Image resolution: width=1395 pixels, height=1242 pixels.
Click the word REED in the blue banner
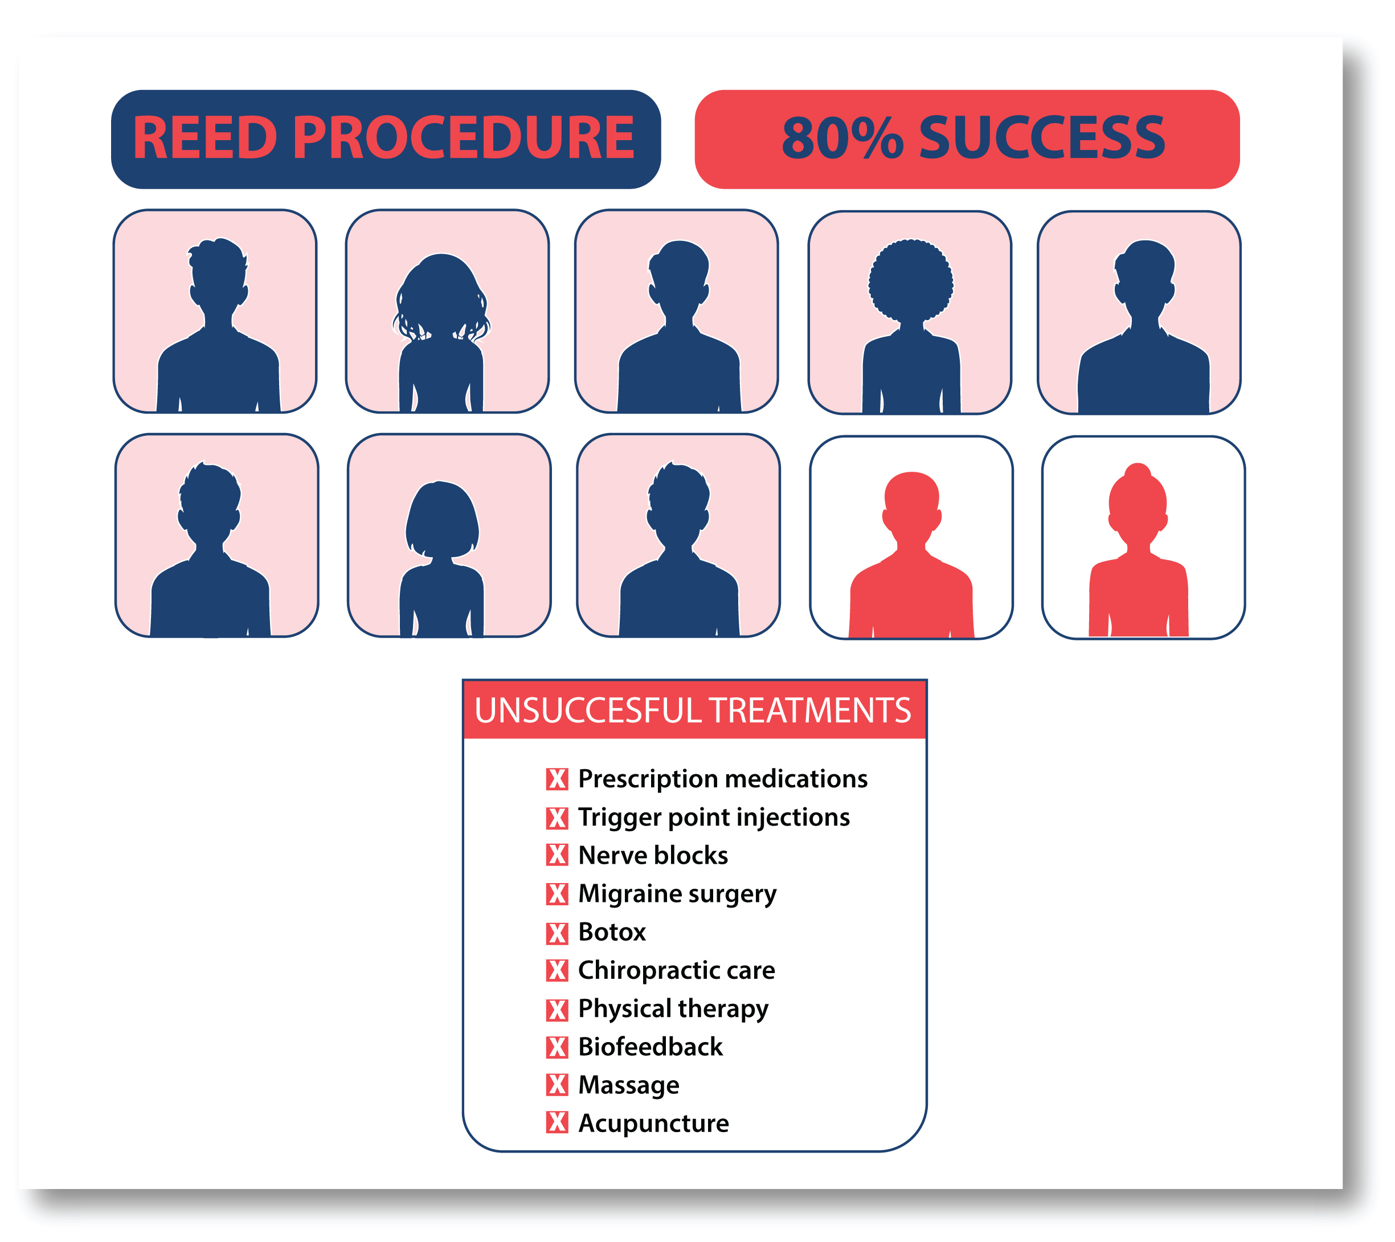coord(204,138)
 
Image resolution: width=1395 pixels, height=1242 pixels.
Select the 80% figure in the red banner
coord(842,138)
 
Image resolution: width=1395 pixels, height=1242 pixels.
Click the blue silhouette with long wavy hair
coord(441,321)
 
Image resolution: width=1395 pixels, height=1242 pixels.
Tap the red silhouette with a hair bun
coord(1138,546)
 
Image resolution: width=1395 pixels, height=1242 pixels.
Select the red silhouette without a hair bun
coord(911,546)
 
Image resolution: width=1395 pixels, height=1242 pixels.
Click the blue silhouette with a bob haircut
coord(442,546)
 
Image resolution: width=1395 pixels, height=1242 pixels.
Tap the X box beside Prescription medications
coord(557,778)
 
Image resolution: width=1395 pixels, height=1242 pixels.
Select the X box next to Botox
coord(557,932)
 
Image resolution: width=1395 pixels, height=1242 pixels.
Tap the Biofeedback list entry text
coord(651,1047)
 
